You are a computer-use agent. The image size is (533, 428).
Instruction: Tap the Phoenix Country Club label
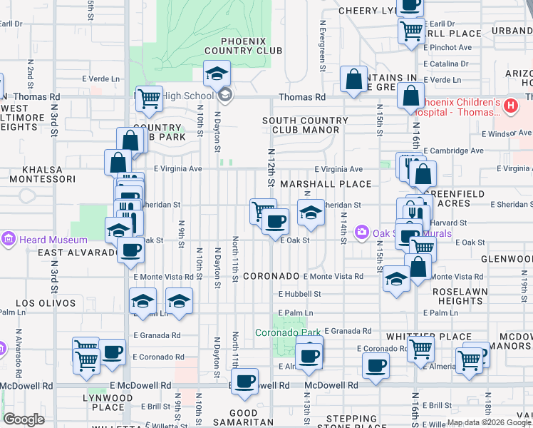click(x=243, y=46)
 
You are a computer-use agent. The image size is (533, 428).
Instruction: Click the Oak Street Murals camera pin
click(x=362, y=232)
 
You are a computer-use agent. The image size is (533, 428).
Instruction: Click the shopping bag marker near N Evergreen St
click(x=353, y=79)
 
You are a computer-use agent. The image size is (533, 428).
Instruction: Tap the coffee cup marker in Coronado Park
click(x=309, y=356)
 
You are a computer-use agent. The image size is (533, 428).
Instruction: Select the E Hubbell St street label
click(x=299, y=293)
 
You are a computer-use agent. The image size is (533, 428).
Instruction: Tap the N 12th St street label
click(x=271, y=168)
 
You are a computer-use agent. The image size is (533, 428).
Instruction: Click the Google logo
click(x=24, y=419)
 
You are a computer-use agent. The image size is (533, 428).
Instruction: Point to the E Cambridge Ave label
click(x=453, y=151)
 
